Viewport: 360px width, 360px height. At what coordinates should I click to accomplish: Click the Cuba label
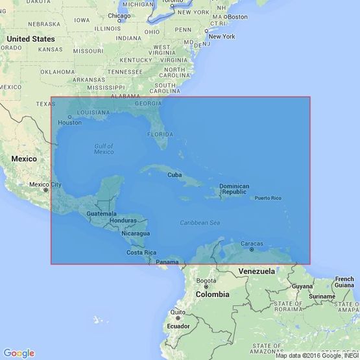(174, 175)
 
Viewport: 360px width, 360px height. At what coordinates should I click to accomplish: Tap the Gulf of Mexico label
(104, 149)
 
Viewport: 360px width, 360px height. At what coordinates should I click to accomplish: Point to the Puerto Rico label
(268, 198)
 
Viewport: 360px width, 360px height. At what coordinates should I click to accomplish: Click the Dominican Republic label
(234, 189)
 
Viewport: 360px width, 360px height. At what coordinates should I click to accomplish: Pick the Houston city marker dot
(70, 117)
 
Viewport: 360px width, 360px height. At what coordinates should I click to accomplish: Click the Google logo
(19, 353)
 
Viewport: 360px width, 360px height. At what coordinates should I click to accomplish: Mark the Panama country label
(167, 261)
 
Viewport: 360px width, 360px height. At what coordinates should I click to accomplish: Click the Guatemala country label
(101, 213)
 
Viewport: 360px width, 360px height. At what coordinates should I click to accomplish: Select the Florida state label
(160, 134)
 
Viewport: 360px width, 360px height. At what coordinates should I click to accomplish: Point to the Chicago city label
(119, 16)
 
